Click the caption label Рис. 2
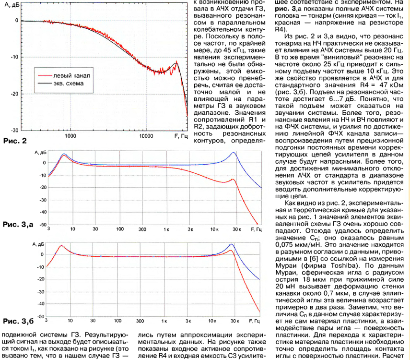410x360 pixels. point(14,141)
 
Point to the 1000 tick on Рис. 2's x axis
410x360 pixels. point(70,136)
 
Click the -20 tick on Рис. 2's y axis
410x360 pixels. point(15,94)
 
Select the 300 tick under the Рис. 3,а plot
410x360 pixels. point(142,230)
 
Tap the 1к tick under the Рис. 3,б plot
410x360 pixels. point(166,320)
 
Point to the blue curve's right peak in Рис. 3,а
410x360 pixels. point(233,153)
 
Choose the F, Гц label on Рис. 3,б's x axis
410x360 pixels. point(256,320)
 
